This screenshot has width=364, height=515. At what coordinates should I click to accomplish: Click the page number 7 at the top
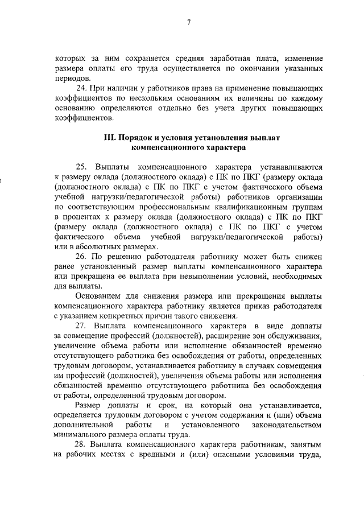(188, 22)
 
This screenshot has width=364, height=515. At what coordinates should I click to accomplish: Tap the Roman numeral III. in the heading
(107, 138)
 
